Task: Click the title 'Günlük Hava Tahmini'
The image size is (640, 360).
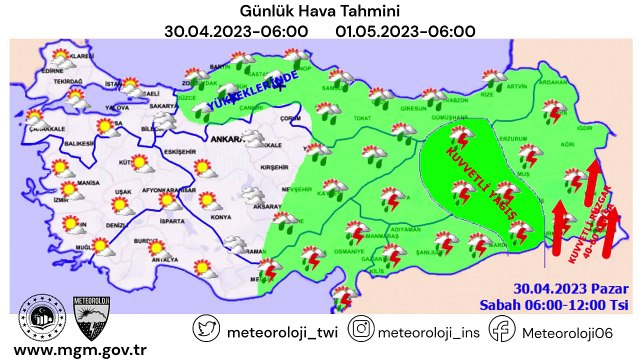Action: [x=319, y=11]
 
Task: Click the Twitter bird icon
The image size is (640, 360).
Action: [x=206, y=328]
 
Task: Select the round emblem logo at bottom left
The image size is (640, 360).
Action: [x=41, y=317]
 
